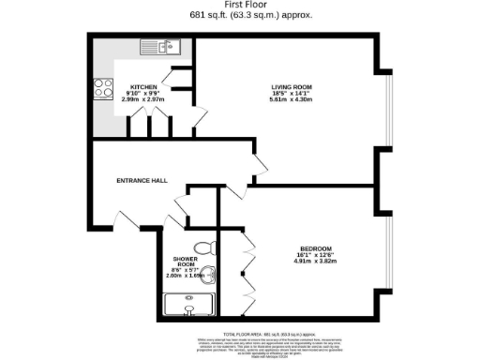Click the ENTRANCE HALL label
coord(141,180)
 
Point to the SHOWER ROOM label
coord(184,262)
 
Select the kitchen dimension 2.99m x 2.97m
coord(144,98)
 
